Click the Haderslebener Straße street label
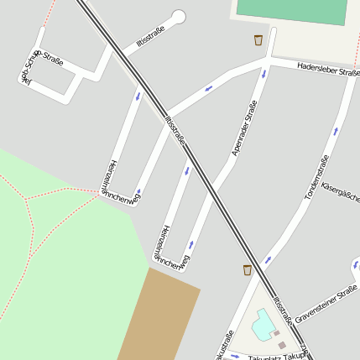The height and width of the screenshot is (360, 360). click(x=328, y=74)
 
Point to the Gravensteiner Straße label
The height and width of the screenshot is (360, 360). click(x=326, y=304)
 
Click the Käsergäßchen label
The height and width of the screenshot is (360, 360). click(x=342, y=193)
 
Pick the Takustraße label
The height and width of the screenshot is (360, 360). click(x=223, y=346)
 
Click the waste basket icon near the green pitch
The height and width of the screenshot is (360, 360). click(x=258, y=40)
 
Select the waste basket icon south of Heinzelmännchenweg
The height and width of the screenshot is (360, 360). click(x=247, y=269)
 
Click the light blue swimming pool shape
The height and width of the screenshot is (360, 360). click(x=264, y=324)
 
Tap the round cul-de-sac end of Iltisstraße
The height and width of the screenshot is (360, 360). click(x=178, y=16)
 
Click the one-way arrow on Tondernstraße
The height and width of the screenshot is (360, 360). click(x=336, y=132)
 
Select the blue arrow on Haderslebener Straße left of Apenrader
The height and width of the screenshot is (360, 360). click(x=208, y=88)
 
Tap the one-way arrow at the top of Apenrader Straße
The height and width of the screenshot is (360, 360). click(x=264, y=73)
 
